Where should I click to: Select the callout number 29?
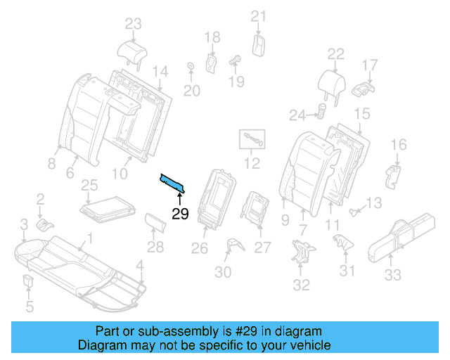click(x=180, y=214)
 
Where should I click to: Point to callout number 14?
click(x=160, y=71)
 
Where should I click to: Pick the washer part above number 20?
click(x=190, y=67)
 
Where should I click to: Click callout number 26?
click(x=200, y=247)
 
